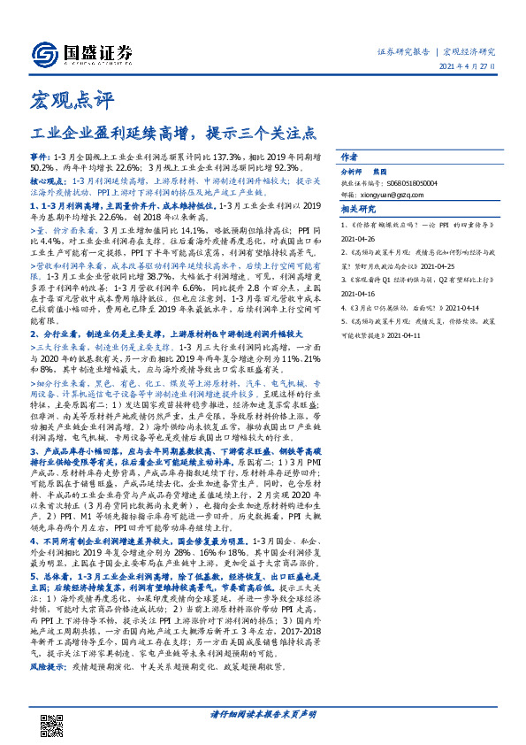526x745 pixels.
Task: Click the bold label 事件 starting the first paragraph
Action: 40,156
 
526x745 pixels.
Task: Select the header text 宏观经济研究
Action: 469,50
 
